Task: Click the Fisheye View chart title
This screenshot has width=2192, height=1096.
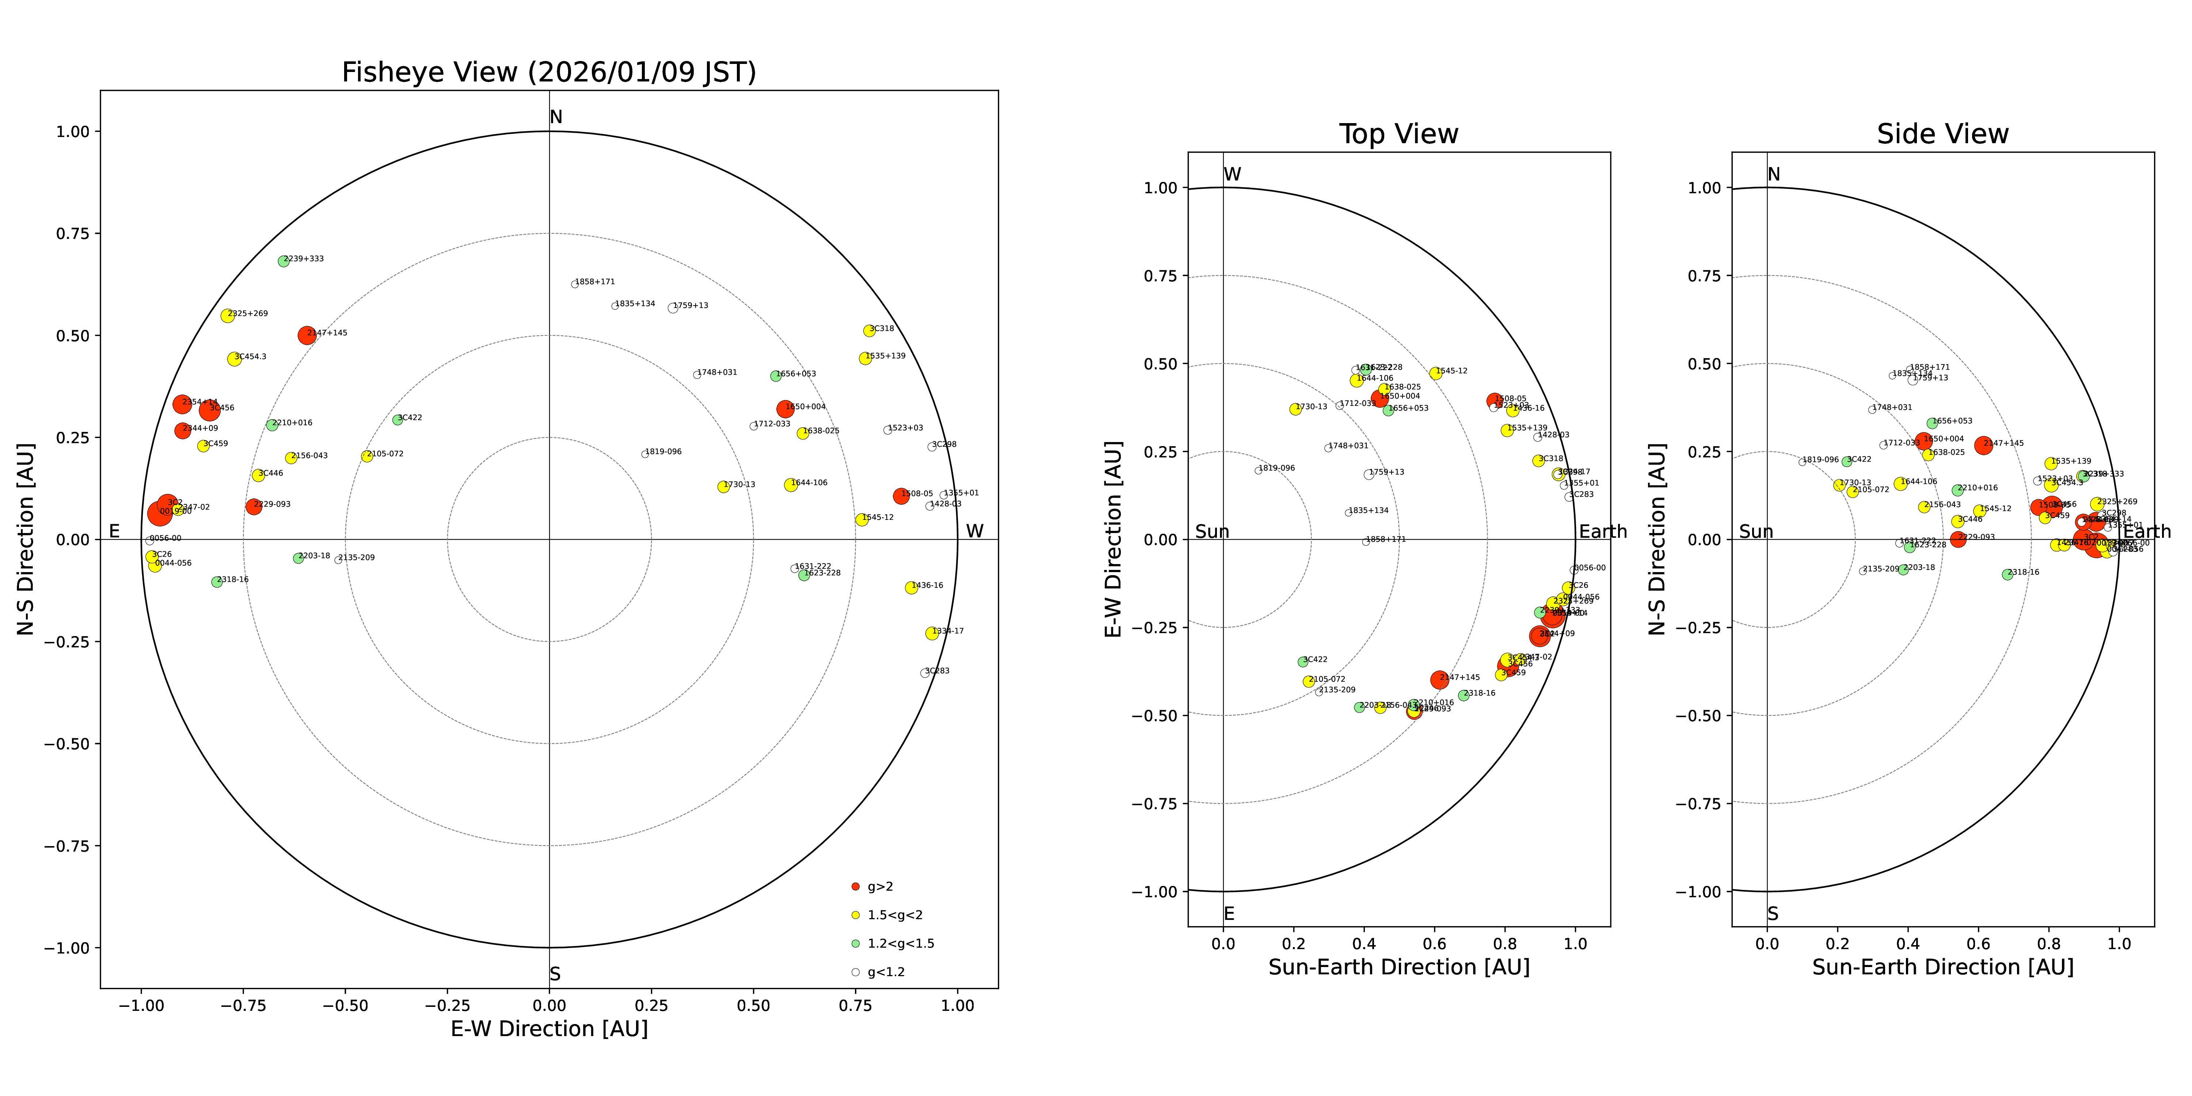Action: point(549,72)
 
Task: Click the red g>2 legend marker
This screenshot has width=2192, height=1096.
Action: point(855,887)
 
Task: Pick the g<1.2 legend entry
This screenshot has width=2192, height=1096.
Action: point(885,972)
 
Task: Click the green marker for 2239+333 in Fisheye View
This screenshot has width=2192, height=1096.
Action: point(283,261)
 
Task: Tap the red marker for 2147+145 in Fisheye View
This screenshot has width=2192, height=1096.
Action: point(307,335)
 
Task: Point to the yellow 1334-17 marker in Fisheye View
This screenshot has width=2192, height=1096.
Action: point(932,633)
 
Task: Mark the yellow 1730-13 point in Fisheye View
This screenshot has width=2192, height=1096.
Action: point(723,487)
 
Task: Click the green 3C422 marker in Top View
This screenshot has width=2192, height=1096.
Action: point(1303,661)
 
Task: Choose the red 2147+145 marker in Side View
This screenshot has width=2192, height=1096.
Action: point(1983,445)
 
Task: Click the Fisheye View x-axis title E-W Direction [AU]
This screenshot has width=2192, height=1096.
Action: point(549,1029)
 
